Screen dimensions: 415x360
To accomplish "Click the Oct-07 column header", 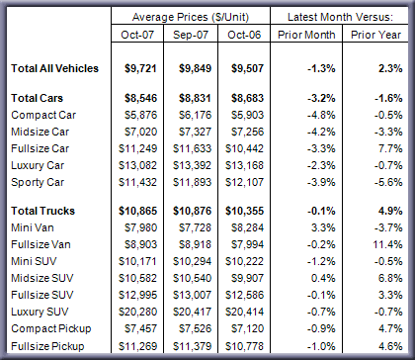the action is tap(137, 35).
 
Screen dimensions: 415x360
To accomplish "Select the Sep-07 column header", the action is tap(191, 35).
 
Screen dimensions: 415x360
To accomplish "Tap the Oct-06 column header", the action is tap(244, 35).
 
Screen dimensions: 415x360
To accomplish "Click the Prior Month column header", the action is tap(306, 35).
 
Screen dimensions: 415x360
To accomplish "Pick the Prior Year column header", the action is tap(375, 35).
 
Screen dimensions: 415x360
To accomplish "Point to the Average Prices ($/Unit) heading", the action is tap(191, 17).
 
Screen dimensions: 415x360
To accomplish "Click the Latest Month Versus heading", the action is tap(340, 17).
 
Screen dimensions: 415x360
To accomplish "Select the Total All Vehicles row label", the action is tap(54, 68).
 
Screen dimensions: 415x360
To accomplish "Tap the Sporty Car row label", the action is tap(38, 182).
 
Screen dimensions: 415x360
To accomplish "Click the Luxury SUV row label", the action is tap(40, 312).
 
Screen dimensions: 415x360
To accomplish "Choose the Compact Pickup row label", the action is tap(51, 328).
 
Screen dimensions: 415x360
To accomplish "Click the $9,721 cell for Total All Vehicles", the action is tap(140, 68).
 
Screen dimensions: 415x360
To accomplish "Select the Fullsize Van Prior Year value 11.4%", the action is tap(387, 244).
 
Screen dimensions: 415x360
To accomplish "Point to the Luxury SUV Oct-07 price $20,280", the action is tap(138, 312).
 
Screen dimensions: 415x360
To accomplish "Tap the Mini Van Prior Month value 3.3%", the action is tap(323, 227).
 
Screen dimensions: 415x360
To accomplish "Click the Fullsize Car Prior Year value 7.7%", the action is tap(390, 148).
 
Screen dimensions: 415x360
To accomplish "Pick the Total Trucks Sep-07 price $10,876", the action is tap(193, 211).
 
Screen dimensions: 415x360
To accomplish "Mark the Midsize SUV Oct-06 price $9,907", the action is tap(247, 278).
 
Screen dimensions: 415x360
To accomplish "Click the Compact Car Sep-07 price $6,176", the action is tap(195, 115).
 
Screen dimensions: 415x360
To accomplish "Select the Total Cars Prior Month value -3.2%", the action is tap(321, 98).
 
